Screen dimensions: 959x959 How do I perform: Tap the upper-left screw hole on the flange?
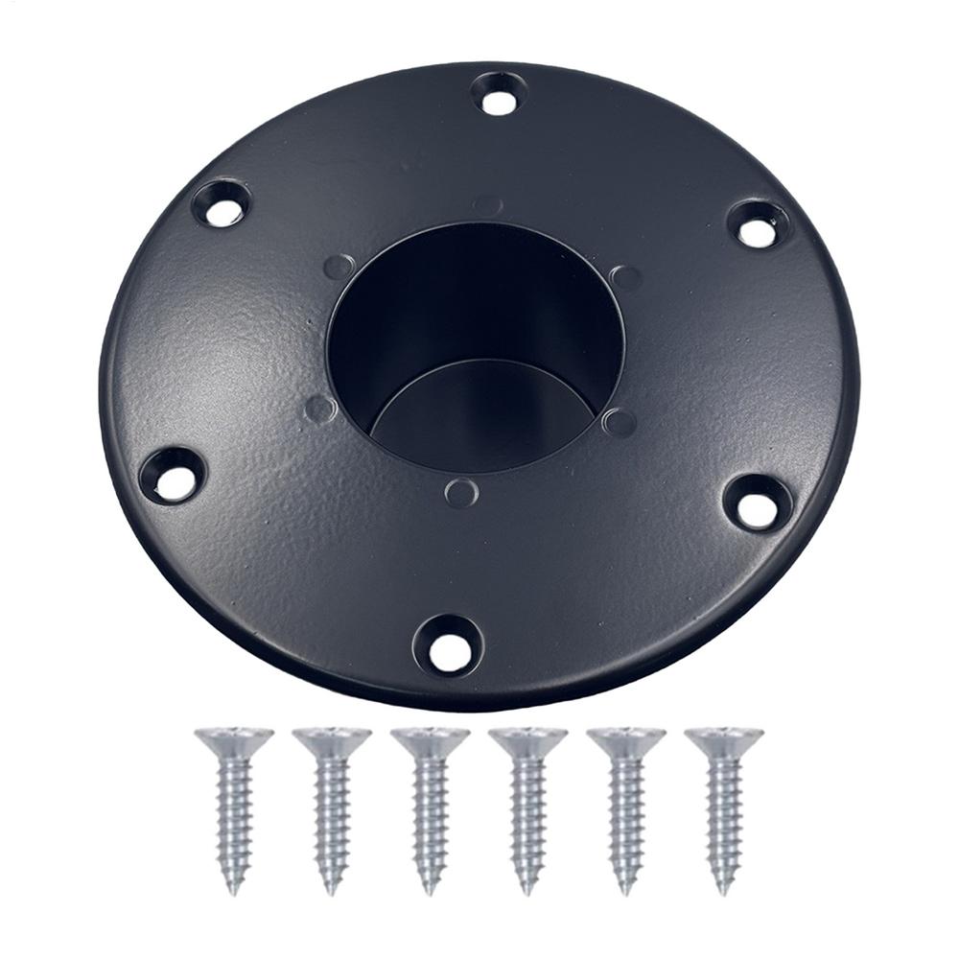click(x=222, y=205)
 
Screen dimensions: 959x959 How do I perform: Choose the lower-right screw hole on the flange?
click(x=758, y=503)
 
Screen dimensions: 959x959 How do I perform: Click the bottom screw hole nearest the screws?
click(x=448, y=645)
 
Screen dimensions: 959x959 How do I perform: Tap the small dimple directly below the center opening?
click(x=461, y=492)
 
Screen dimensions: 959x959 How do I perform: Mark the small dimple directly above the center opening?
click(x=487, y=205)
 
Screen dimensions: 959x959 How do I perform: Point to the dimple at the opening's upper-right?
click(x=624, y=278)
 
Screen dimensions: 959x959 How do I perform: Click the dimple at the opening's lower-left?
click(x=320, y=409)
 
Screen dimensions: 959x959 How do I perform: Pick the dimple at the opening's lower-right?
click(x=620, y=422)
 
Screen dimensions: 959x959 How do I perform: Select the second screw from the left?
click(x=332, y=806)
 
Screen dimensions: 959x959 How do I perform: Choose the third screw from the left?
click(x=430, y=806)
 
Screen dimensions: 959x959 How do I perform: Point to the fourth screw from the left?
click(x=527, y=806)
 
